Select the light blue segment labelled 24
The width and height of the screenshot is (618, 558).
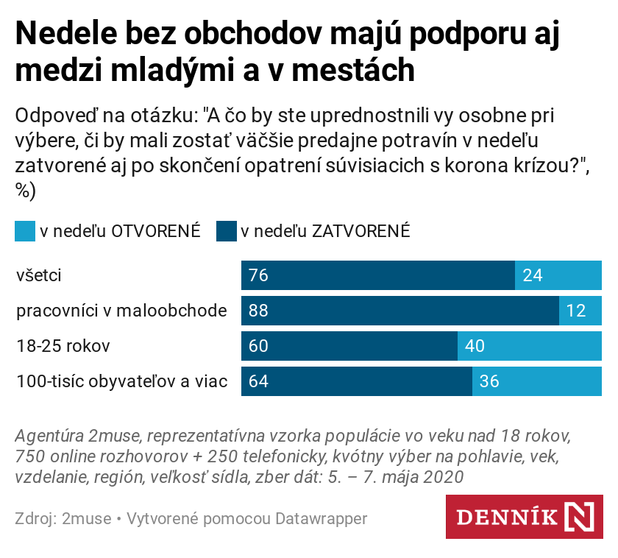click(x=558, y=275)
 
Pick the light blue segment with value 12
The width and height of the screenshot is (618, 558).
click(x=580, y=311)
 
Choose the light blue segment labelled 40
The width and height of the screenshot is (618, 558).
click(x=530, y=346)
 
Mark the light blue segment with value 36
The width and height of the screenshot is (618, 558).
click(x=537, y=381)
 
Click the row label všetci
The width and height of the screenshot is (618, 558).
click(x=39, y=276)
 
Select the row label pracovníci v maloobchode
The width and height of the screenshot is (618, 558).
click(x=121, y=311)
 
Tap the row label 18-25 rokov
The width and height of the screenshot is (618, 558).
click(x=63, y=346)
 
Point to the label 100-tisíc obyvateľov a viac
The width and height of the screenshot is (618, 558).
click(x=122, y=381)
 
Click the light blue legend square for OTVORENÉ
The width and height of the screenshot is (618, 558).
click(x=24, y=231)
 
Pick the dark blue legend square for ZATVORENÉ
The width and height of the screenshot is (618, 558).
click(x=226, y=231)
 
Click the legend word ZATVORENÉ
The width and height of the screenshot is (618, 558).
click(x=360, y=231)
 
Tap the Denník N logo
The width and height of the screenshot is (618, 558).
click(x=524, y=517)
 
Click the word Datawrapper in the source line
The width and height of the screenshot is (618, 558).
click(x=321, y=519)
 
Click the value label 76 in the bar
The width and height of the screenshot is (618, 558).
click(x=258, y=275)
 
